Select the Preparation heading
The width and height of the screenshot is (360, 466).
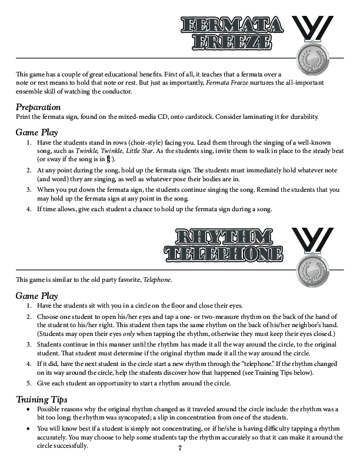coord(38,108)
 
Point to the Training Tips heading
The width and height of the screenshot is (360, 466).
coord(41,400)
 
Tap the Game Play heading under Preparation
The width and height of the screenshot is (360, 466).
coord(36,132)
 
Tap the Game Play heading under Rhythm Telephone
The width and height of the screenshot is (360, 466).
coord(36,296)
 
